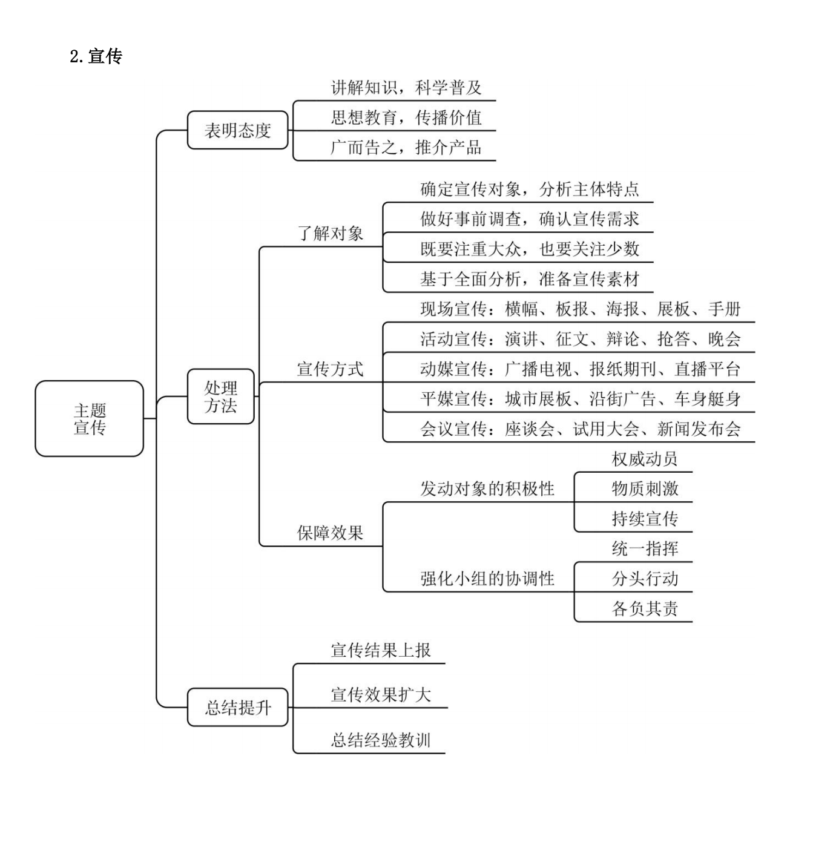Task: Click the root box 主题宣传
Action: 90,418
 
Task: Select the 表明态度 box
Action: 237,130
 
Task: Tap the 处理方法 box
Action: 220,396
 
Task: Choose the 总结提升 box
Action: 237,707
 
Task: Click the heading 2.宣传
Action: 96,56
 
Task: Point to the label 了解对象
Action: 330,233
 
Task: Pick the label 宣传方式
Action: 330,369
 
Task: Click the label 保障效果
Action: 330,533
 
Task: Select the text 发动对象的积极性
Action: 487,488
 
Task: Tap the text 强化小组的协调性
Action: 487,579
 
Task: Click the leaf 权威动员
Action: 645,459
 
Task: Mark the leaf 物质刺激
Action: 645,488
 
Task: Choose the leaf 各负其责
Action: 645,608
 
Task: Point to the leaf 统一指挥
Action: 645,548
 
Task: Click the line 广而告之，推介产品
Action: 406,147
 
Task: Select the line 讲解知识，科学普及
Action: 406,88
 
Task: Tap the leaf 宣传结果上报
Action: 381,650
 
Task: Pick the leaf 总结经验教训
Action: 381,740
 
